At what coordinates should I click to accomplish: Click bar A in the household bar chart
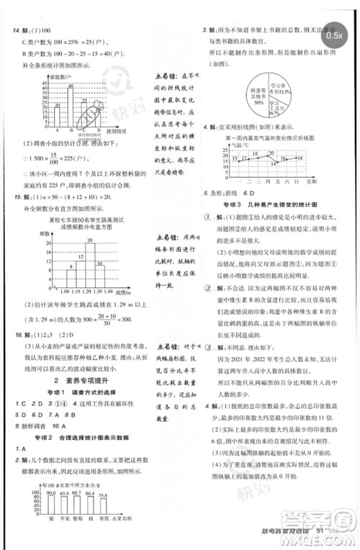(x=57, y=115)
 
